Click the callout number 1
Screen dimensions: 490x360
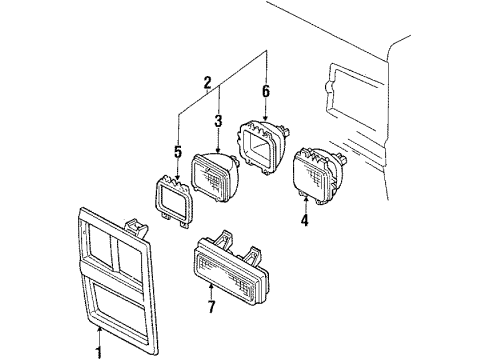(99, 353)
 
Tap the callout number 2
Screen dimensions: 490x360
(207, 82)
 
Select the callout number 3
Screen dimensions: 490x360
(218, 121)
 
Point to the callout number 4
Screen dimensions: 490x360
(304, 220)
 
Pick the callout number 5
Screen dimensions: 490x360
(178, 152)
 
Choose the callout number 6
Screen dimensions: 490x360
(265, 91)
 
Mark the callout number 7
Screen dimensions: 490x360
(211, 307)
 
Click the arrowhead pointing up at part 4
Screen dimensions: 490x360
(305, 199)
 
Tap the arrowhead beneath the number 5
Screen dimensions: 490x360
(178, 177)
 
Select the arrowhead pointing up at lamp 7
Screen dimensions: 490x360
(211, 286)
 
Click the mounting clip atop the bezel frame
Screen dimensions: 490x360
(136, 227)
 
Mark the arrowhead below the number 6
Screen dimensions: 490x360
(265, 117)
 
